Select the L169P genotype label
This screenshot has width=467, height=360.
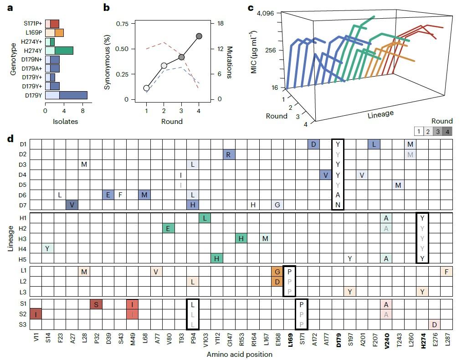coord(34,32)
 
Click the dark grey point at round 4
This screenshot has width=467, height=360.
coord(199,36)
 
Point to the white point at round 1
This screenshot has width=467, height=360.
coord(146,88)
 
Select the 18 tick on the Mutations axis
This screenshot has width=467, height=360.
coord(219,24)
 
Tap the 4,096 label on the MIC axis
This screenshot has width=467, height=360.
coord(265,13)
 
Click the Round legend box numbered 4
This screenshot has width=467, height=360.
coord(447,131)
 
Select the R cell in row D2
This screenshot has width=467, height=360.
coord(229,154)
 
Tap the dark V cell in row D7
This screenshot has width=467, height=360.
coord(72,205)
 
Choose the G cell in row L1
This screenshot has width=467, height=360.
coord(277,272)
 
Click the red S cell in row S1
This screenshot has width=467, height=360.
coord(96,304)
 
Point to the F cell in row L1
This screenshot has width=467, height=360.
coord(446,272)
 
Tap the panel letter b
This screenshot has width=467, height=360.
coord(106,8)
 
